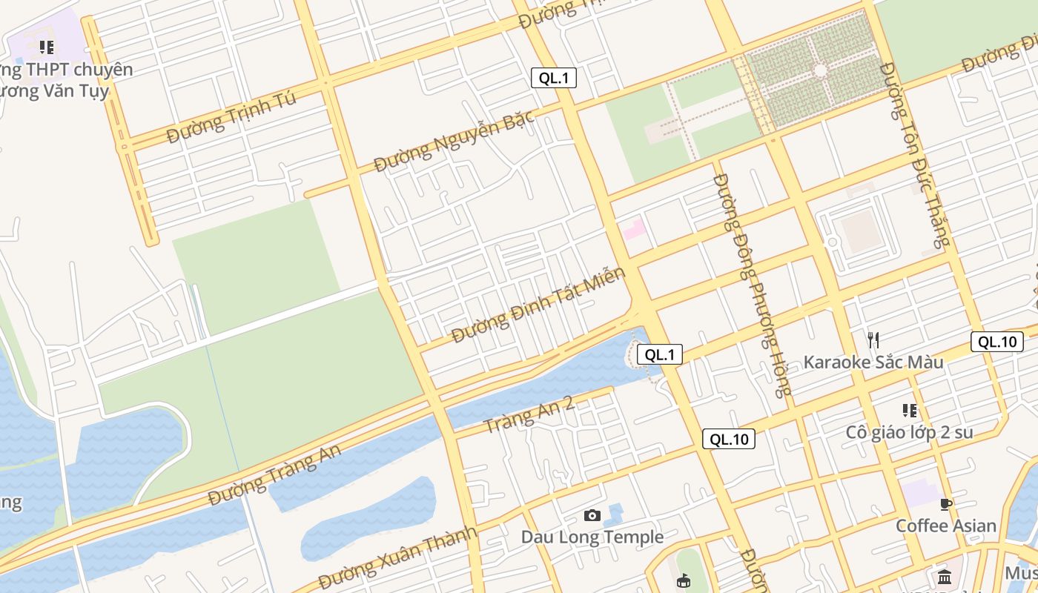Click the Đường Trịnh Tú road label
tap(231, 117)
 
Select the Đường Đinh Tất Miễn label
tap(538, 305)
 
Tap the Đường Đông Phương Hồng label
tap(750, 285)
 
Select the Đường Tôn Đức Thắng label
tap(913, 155)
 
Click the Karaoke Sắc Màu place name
tap(873, 362)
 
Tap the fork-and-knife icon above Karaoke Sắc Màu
tap(873, 340)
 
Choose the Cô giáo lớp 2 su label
tap(909, 432)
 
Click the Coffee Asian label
tap(945, 526)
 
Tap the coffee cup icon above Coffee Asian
tap(945, 505)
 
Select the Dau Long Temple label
tap(592, 537)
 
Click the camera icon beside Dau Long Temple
tap(592, 515)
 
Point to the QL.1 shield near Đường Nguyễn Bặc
tap(554, 78)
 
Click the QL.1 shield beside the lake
tap(659, 354)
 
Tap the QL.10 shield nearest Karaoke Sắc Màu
tap(996, 342)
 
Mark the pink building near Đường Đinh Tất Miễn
tap(634, 228)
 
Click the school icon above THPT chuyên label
tap(47, 48)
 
